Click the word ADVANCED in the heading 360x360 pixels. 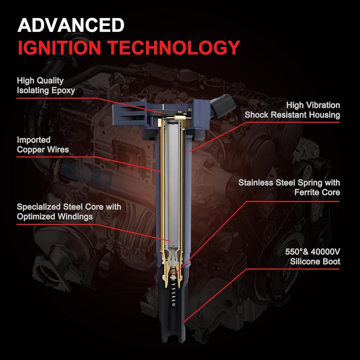[x=71, y=25]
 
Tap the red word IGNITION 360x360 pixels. [x=59, y=48]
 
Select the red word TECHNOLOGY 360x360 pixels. [x=174, y=48]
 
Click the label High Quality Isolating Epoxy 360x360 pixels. [x=46, y=85]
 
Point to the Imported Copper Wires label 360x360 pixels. [x=43, y=145]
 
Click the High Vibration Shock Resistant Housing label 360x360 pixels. [x=292, y=110]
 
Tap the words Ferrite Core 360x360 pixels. [x=317, y=192]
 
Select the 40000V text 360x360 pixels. [x=325, y=252]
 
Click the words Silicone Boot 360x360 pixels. [x=315, y=261]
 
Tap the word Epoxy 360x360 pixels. [x=63, y=90]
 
